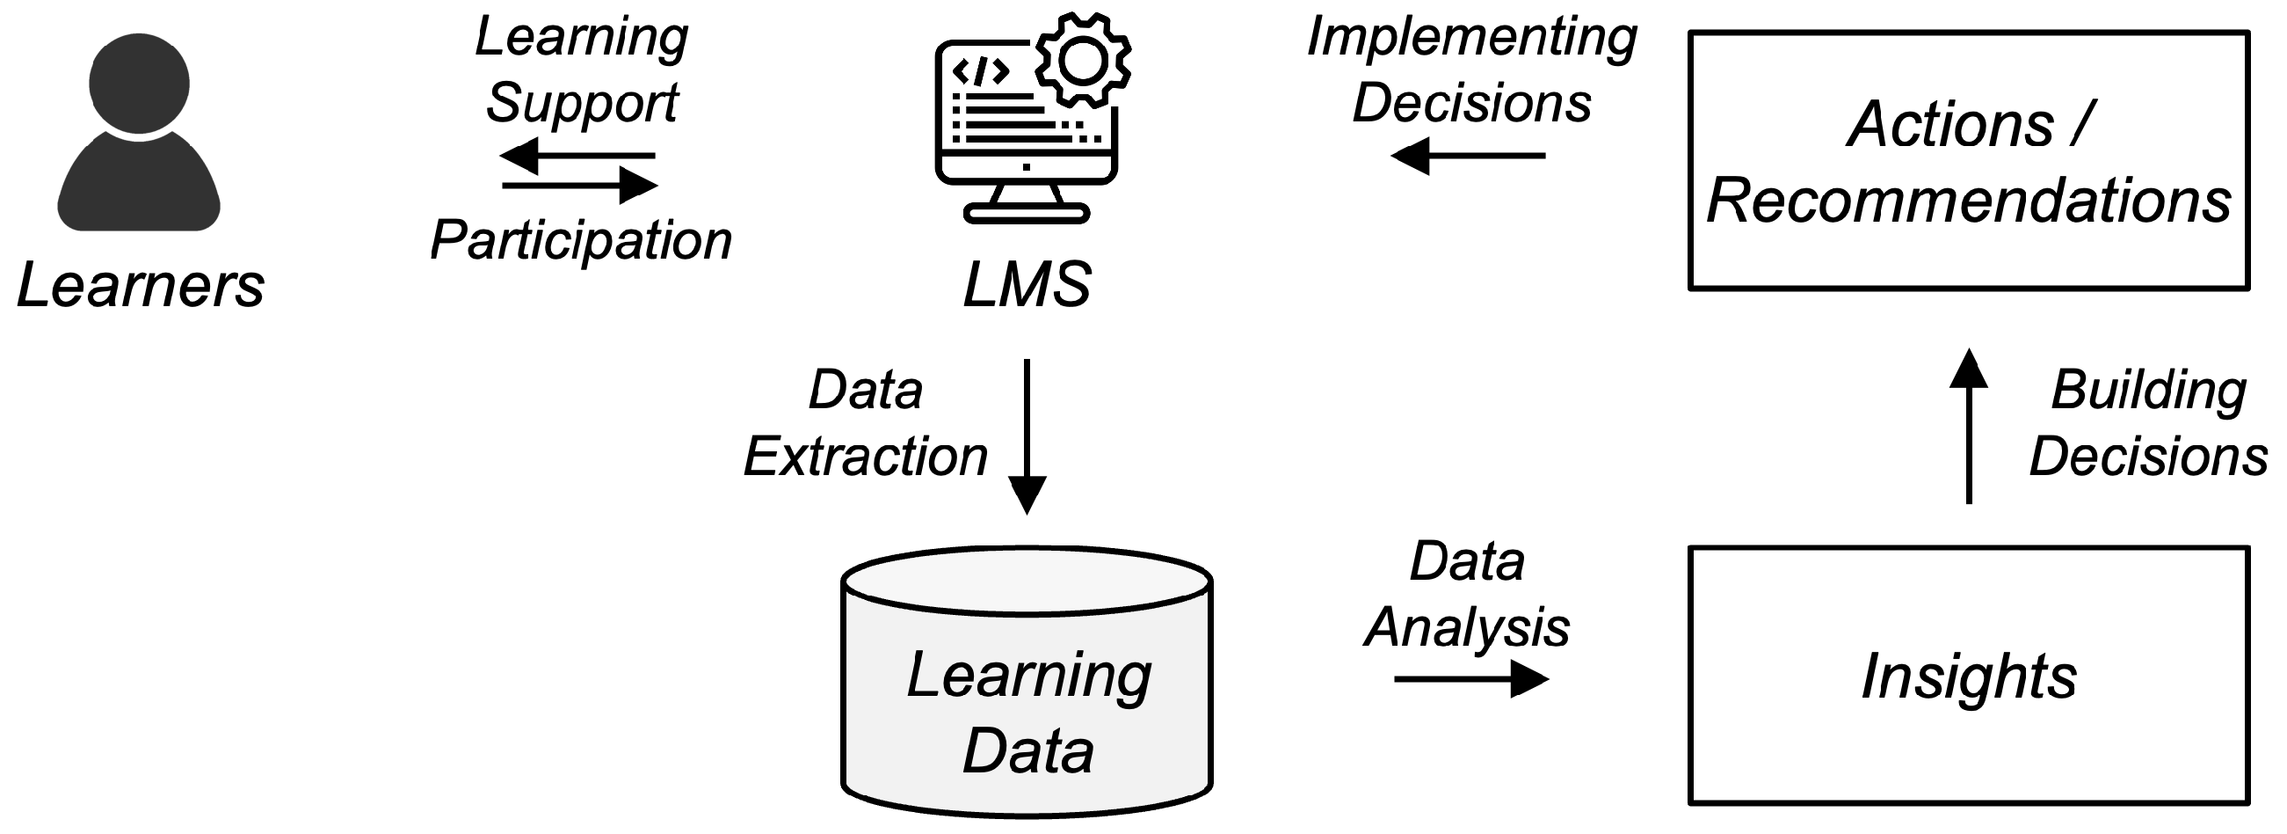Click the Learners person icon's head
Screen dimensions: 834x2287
[x=139, y=84]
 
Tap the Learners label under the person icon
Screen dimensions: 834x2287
[x=141, y=286]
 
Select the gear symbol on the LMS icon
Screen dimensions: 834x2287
[x=1082, y=60]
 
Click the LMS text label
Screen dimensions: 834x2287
[x=1027, y=285]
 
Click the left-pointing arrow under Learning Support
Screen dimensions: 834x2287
[x=577, y=157]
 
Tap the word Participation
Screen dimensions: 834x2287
[x=581, y=241]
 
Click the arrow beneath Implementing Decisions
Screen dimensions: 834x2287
[x=1469, y=157]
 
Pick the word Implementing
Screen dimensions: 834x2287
[x=1472, y=38]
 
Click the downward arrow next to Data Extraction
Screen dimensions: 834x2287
[x=1027, y=437]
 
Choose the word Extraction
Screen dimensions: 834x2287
[x=866, y=457]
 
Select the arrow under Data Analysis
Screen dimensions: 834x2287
[x=1471, y=679]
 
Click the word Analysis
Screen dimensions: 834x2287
[x=1467, y=628]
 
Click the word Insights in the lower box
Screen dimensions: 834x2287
[x=1968, y=677]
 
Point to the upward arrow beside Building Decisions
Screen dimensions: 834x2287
[x=1969, y=427]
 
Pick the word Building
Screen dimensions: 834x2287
[x=2148, y=391]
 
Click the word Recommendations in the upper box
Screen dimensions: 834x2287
[x=1968, y=201]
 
